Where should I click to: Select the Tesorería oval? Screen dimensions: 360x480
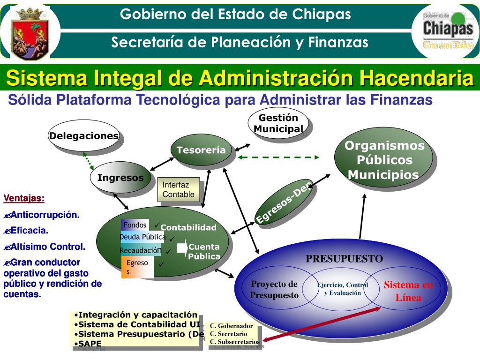click(201, 150)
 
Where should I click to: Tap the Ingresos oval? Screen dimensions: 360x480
click(120, 178)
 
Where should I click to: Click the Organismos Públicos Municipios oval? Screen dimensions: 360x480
click(384, 160)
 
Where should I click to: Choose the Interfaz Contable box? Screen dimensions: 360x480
click(179, 189)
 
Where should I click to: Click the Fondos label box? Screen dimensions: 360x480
click(135, 225)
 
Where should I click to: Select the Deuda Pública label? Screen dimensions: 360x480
click(142, 237)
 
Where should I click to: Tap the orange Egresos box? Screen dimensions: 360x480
click(137, 267)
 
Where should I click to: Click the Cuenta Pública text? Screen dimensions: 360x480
click(204, 252)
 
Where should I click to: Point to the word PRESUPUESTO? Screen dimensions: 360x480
click(345, 259)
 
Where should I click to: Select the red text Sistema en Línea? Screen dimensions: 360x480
click(408, 291)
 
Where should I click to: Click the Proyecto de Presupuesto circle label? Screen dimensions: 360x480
click(274, 289)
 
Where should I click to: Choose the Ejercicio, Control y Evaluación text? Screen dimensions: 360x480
click(343, 289)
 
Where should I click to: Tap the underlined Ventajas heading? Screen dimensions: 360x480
click(24, 198)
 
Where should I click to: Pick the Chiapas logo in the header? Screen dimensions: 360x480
click(448, 30)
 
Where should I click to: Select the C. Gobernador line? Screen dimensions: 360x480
click(231, 326)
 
